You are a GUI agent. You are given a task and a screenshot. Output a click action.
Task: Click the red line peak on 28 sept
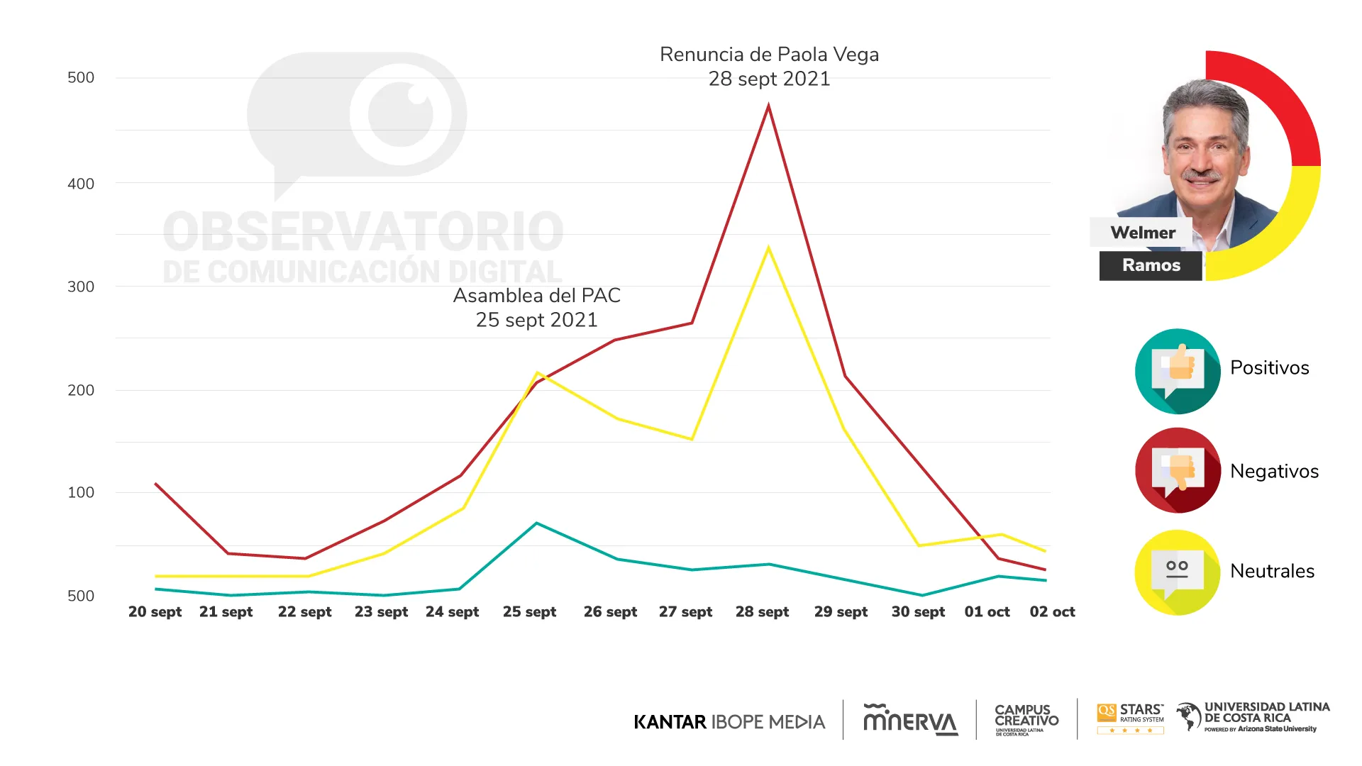(x=768, y=106)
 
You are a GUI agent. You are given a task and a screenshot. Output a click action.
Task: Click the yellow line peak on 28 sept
(x=768, y=248)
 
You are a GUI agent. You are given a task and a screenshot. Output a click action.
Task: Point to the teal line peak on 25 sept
(x=537, y=523)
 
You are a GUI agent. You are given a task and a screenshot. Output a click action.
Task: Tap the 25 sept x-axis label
(x=529, y=611)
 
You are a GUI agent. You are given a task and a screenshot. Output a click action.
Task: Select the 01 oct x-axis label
(x=987, y=611)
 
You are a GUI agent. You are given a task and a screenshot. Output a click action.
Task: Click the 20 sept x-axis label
(x=155, y=611)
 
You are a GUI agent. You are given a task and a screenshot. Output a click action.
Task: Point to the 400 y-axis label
(x=81, y=184)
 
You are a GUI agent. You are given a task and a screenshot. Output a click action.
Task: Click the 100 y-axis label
(x=81, y=492)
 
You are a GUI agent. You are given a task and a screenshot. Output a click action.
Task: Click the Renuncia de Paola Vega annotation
(x=769, y=67)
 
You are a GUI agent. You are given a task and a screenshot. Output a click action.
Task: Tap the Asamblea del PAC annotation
(x=537, y=308)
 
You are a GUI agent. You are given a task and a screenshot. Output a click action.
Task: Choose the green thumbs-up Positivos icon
(x=1178, y=371)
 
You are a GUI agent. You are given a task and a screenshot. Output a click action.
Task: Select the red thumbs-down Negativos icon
(x=1178, y=470)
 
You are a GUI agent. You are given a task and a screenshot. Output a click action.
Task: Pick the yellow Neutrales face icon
(x=1178, y=572)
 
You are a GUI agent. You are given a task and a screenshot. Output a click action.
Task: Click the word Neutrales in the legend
(x=1272, y=571)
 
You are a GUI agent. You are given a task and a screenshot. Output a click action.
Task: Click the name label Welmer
(x=1142, y=233)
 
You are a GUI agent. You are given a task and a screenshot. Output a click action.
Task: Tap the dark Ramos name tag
(x=1151, y=265)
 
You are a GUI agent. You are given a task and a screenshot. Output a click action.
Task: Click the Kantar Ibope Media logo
(x=729, y=722)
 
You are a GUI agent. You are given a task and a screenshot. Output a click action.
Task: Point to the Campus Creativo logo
(x=1026, y=719)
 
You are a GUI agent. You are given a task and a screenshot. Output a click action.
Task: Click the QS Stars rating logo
(x=1131, y=718)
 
